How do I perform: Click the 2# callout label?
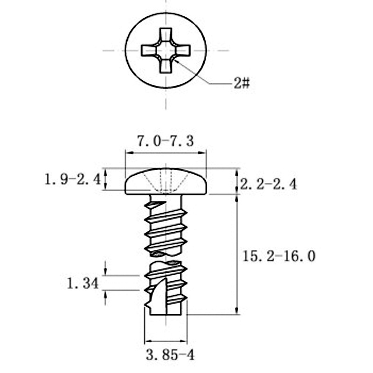pos(242,83)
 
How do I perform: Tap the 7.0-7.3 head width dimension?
pos(166,141)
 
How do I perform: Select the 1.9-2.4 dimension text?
pos(73,180)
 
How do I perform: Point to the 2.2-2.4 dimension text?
pos(269,184)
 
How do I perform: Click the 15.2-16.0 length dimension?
pos(279,256)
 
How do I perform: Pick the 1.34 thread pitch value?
pos(83,283)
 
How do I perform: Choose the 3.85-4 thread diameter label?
pos(170,355)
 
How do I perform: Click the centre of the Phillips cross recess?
pos(166,51)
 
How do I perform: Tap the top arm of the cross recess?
pos(166,36)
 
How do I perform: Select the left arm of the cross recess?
pos(149,51)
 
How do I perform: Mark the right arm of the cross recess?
pos(183,51)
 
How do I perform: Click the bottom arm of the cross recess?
pos(166,66)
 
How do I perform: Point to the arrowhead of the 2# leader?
pos(176,61)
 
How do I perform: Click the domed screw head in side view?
pos(166,181)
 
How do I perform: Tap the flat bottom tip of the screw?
pos(166,315)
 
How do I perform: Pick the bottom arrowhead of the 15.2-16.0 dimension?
pos(237,311)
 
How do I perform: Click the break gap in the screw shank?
pos(166,258)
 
